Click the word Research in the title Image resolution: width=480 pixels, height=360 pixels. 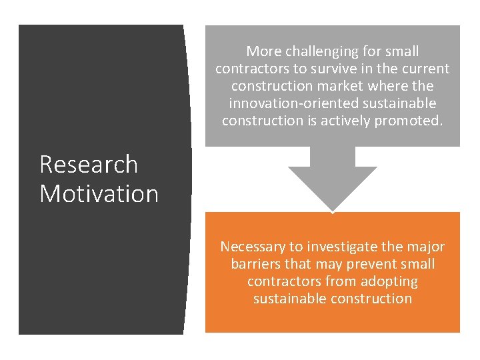pyautogui.click(x=89, y=165)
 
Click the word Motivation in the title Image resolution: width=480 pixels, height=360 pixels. pyautogui.click(x=99, y=194)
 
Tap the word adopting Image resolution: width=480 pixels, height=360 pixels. pyautogui.click(x=390, y=281)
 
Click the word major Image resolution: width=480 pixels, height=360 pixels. pyautogui.click(x=425, y=247)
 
